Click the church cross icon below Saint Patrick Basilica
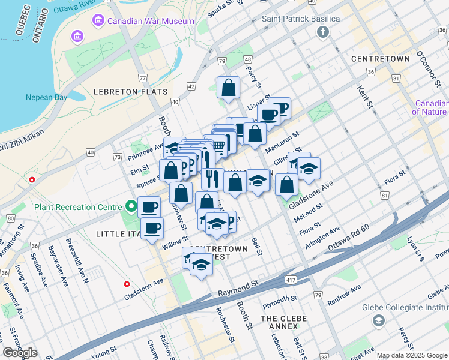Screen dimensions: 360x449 pyautogui.click(x=324, y=32)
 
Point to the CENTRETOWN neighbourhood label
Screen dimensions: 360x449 pyautogui.click(x=381, y=59)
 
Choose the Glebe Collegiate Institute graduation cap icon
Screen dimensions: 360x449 pyautogui.click(x=378, y=321)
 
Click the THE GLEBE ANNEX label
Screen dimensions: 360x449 pyautogui.click(x=283, y=322)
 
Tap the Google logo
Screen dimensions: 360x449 pyautogui.click(x=20, y=353)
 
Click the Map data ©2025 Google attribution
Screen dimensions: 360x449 pyautogui.click(x=411, y=355)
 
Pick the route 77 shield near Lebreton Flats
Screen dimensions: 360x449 pyautogui.click(x=142, y=78)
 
